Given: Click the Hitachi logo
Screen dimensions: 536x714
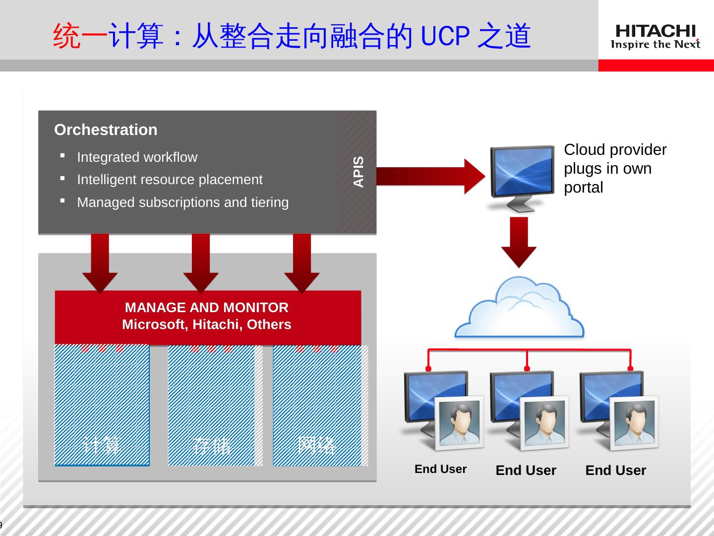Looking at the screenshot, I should [x=655, y=37].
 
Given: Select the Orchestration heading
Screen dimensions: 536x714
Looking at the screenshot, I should [x=106, y=130].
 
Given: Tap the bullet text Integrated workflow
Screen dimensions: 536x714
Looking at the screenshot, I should [x=137, y=157].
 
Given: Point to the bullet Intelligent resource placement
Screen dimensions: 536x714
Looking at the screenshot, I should [x=170, y=180].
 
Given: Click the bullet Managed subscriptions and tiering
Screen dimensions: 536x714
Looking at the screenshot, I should [x=182, y=202].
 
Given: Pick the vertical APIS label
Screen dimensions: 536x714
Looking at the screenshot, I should [x=358, y=172].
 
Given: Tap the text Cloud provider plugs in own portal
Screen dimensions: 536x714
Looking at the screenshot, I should [x=615, y=169].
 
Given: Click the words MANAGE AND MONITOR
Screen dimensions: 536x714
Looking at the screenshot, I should [x=206, y=308].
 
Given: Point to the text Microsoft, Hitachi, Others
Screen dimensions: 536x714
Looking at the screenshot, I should [x=206, y=325].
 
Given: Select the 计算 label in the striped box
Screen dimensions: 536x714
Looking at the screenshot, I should [x=102, y=445].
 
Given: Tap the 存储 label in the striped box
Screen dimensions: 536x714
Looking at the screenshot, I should [x=212, y=446].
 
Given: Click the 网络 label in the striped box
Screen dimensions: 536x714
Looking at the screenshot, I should [x=317, y=445].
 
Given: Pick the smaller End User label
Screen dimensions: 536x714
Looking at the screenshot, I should [x=440, y=469].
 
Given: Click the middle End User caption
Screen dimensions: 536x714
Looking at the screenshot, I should [x=526, y=470].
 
